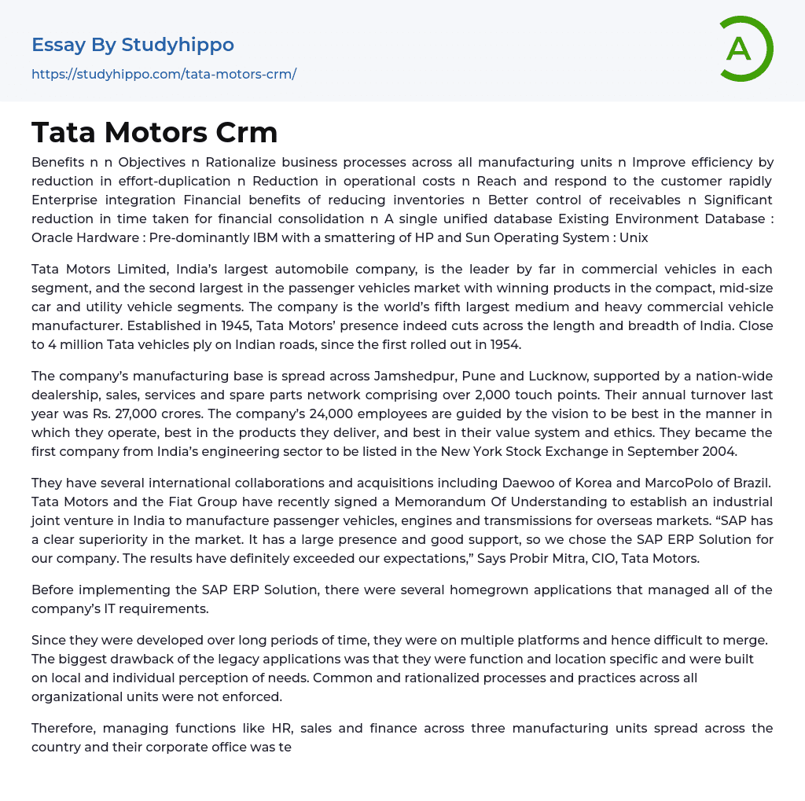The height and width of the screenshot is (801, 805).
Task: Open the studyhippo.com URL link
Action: pos(164,75)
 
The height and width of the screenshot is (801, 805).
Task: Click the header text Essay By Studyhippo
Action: pos(133,45)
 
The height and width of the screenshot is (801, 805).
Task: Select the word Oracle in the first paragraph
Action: pos(54,237)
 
